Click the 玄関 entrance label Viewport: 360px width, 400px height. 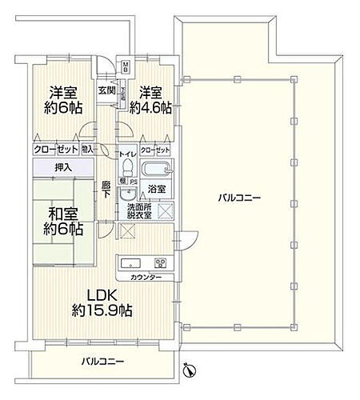point(106,90)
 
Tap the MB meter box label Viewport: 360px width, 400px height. point(126,66)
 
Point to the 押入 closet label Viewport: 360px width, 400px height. point(63,167)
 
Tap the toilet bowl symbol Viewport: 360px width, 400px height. point(127,167)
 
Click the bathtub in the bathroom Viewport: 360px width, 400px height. point(157,170)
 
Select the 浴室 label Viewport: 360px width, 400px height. point(157,190)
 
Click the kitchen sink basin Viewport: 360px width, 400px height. point(132,264)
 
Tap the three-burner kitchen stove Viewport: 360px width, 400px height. point(159,264)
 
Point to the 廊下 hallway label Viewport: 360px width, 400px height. point(106,192)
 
